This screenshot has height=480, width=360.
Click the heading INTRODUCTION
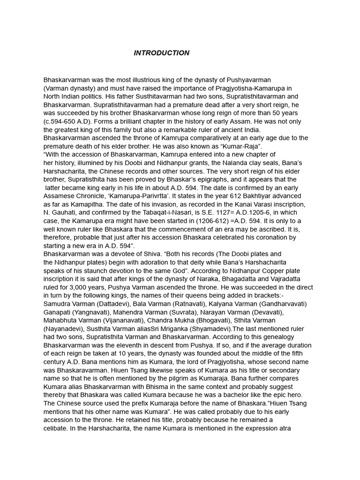(161, 53)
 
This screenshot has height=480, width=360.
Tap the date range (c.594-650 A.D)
(67, 121)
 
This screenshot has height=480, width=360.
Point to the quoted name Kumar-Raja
(244, 146)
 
